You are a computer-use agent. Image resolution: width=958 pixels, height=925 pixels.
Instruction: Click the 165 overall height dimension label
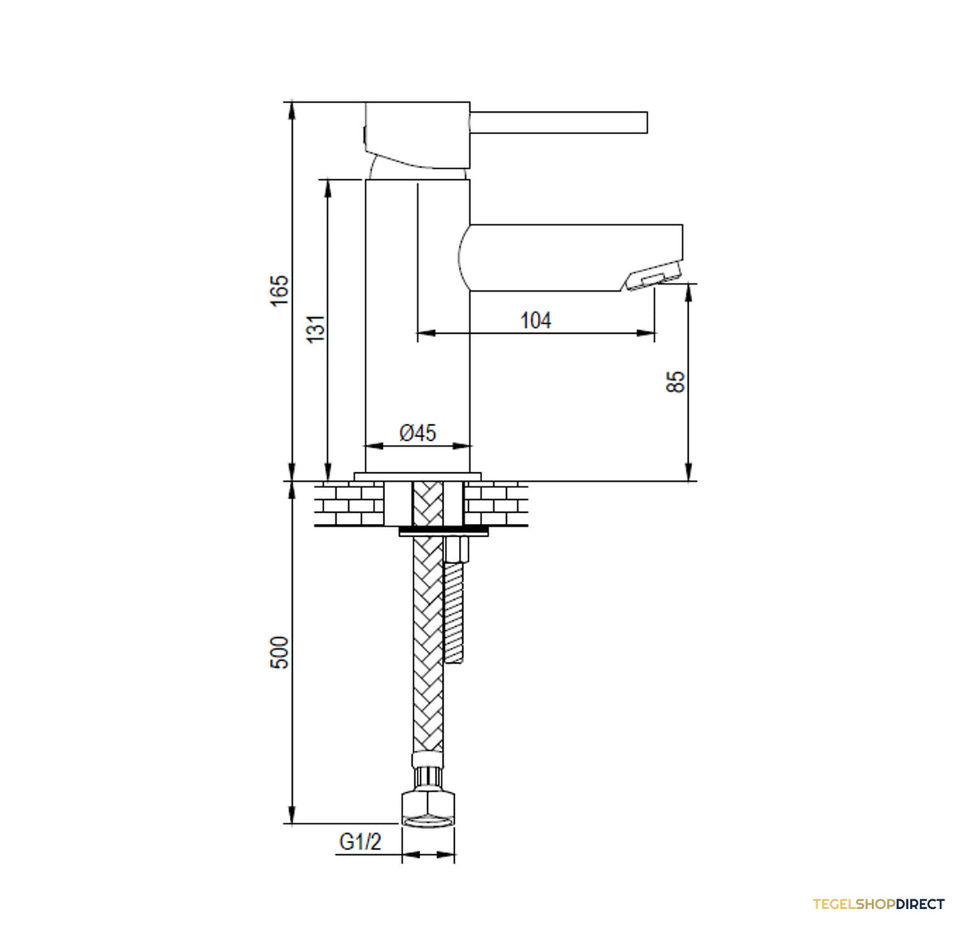click(x=279, y=291)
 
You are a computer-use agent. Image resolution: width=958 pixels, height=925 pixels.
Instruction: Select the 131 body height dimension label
click(x=316, y=328)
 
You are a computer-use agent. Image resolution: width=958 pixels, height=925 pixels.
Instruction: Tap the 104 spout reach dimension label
click(x=536, y=320)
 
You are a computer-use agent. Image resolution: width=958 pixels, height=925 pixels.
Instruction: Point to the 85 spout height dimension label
click(x=675, y=382)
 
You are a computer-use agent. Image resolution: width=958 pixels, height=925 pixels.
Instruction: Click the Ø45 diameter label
click(x=418, y=433)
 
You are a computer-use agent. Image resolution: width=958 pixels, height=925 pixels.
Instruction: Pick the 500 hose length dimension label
click(x=279, y=652)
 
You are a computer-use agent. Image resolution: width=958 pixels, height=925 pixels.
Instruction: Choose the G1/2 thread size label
click(x=360, y=842)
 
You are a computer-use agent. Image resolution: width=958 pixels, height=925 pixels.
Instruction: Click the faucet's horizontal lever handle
click(x=558, y=122)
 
